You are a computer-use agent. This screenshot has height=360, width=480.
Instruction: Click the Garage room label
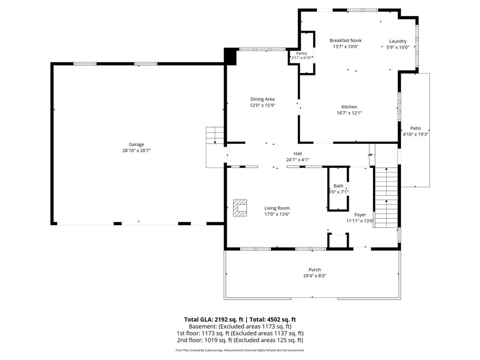pyautogui.click(x=136, y=144)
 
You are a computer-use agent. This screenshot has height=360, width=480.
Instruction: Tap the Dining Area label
pyautogui.click(x=262, y=99)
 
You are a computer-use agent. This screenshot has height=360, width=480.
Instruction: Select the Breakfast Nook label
pyautogui.click(x=345, y=40)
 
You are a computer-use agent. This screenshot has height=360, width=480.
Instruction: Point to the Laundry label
pyautogui.click(x=397, y=41)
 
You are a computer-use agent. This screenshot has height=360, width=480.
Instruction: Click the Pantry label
pyautogui.click(x=301, y=53)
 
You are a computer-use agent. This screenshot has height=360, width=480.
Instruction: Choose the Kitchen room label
pyautogui.click(x=349, y=107)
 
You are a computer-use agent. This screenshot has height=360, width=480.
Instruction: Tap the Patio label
pyautogui.click(x=416, y=128)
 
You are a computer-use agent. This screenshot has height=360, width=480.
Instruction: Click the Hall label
pyautogui.click(x=298, y=154)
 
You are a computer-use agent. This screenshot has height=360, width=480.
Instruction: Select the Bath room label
pyautogui.click(x=338, y=186)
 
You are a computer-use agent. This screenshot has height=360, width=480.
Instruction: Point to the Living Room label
pyautogui.click(x=277, y=208)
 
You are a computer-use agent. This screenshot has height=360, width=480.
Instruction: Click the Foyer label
pyautogui.click(x=360, y=215)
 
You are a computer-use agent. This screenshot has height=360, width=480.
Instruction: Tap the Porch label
pyautogui.click(x=315, y=270)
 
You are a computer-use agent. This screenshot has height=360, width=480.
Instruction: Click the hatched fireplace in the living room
pyautogui.click(x=240, y=208)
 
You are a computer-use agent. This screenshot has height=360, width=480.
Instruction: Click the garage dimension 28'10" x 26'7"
pyautogui.click(x=136, y=150)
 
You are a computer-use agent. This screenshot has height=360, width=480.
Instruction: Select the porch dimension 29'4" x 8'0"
pyautogui.click(x=315, y=276)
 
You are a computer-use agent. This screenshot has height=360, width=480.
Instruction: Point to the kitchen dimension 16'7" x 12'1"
pyautogui.click(x=349, y=113)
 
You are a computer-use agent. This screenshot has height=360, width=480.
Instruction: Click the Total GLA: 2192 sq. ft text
pyautogui.click(x=213, y=320)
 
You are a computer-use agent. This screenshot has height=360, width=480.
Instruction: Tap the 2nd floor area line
pyautogui.click(x=240, y=340)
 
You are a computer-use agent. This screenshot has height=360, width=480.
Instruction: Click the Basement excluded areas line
pyautogui.click(x=240, y=326)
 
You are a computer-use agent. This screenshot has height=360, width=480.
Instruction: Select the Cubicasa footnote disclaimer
pyautogui.click(x=240, y=350)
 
